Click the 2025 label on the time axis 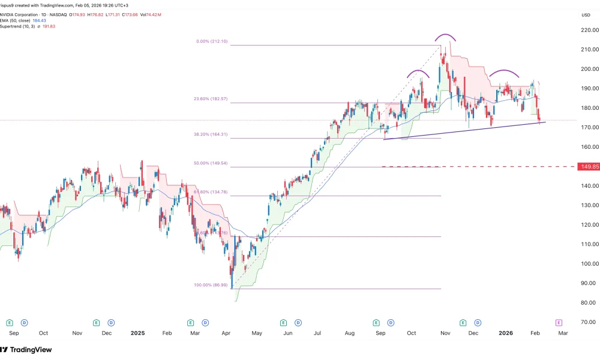[137, 332]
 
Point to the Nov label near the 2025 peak [445, 332]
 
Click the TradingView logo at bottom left [26, 350]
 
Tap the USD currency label [586, 15]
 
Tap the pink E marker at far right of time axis [559, 323]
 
